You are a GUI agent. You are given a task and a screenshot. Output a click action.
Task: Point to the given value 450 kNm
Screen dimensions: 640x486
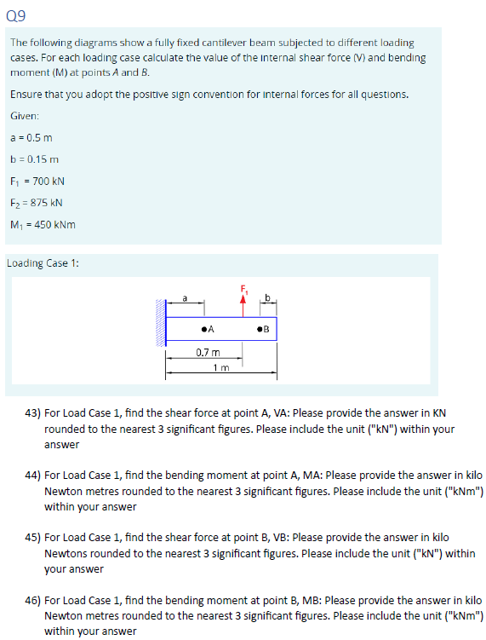[55, 225]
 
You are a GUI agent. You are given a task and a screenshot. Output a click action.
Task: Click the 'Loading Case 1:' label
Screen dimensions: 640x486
[43, 262]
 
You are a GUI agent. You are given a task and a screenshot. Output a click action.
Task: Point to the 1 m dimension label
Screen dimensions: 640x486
[220, 367]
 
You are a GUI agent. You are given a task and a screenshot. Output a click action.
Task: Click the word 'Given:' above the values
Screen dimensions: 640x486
[25, 114]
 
